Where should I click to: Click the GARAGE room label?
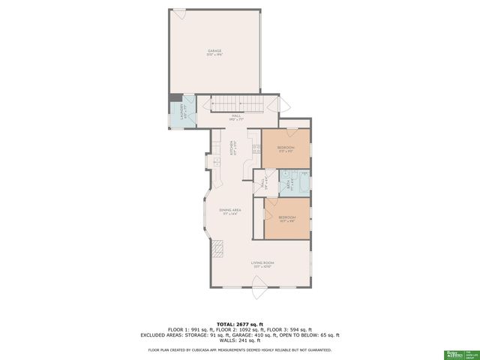214,52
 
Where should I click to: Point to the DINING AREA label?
229,212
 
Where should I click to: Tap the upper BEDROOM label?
286,148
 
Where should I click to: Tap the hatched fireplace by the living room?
218,248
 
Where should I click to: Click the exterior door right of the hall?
281,104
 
